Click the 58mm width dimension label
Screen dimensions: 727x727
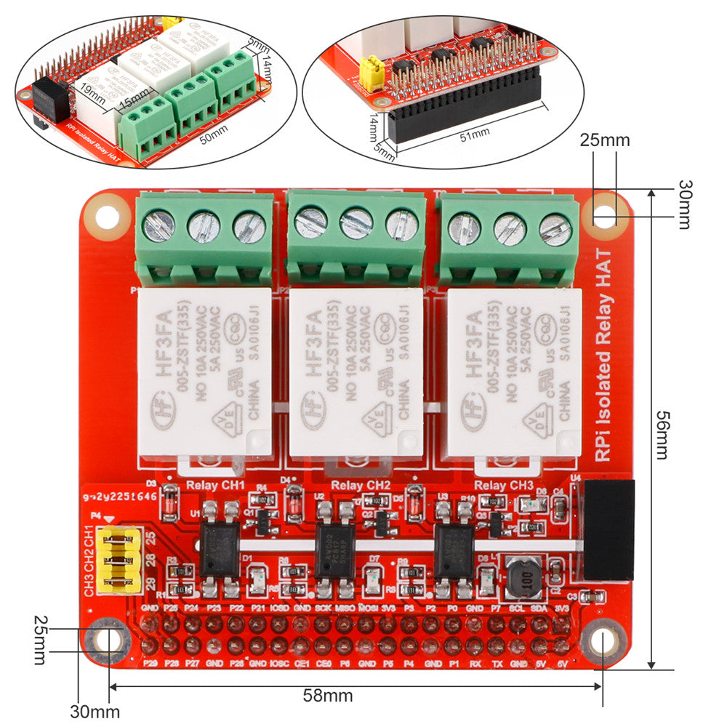coord(328,696)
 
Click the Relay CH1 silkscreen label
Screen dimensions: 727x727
coord(216,485)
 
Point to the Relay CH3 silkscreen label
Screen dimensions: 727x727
coord(504,486)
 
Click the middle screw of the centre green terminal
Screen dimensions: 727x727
coord(356,223)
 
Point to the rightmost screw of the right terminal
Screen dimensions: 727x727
coord(555,230)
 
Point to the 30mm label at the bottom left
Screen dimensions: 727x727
coord(95,711)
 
